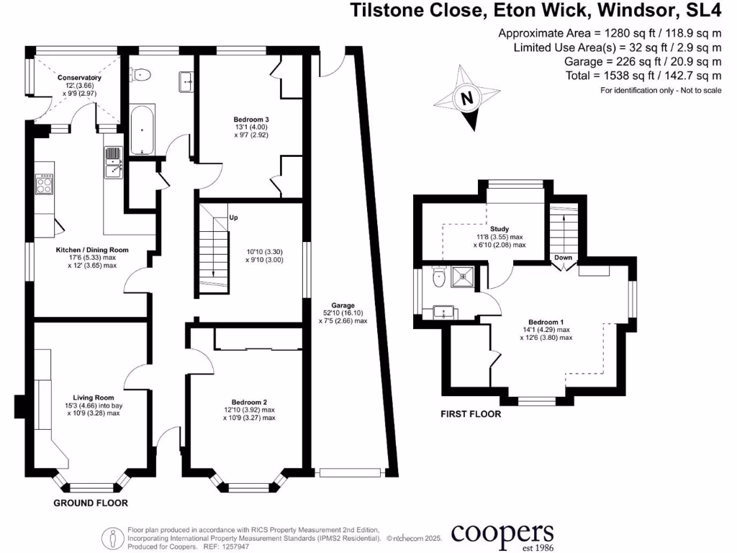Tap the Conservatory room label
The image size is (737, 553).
point(81,78)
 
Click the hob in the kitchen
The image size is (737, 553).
point(45,185)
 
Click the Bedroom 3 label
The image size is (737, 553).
point(250,120)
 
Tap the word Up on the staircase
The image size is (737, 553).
point(232,217)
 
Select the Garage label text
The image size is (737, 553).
point(343,305)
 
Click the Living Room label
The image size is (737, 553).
point(94,397)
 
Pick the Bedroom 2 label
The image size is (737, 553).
point(249,402)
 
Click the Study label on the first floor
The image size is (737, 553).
point(499,229)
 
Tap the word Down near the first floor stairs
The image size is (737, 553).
point(563,258)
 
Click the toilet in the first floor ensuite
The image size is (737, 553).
point(437,276)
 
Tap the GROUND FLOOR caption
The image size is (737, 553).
point(91,503)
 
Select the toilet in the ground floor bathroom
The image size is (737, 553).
point(141,76)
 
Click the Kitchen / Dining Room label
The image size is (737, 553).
point(92,250)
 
